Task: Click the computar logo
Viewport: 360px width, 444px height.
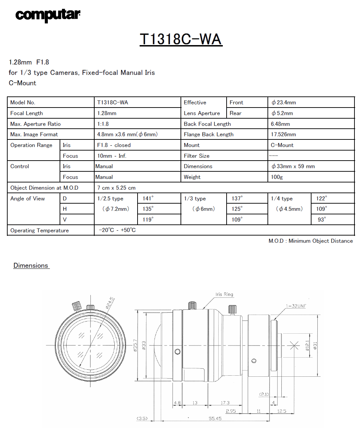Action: [48, 15]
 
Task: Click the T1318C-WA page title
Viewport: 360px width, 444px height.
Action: [181, 39]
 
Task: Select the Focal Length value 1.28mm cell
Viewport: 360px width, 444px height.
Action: [107, 113]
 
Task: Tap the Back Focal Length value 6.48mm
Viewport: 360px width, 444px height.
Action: [280, 124]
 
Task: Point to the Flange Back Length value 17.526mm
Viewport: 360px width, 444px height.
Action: [283, 134]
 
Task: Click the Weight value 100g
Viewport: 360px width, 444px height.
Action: [277, 177]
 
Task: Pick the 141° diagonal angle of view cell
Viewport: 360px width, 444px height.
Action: [148, 198]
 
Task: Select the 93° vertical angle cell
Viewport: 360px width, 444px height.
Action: [322, 220]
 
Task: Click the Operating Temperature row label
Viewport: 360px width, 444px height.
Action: [39, 230]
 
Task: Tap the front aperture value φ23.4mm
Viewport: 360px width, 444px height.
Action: [284, 102]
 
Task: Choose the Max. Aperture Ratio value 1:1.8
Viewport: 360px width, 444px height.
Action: [103, 124]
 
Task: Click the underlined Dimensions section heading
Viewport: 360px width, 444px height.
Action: [31, 265]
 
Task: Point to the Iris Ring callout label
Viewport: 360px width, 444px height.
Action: [224, 294]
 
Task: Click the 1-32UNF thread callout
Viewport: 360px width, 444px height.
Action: [296, 306]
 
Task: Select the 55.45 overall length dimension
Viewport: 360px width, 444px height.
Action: [215, 418]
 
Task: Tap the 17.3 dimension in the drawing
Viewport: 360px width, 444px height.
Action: [225, 403]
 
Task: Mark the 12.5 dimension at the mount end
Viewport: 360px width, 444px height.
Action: [282, 411]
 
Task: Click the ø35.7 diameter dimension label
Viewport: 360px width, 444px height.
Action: [135, 345]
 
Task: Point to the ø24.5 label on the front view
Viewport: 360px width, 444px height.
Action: [110, 303]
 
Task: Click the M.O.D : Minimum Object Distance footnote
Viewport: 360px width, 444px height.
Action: [310, 241]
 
